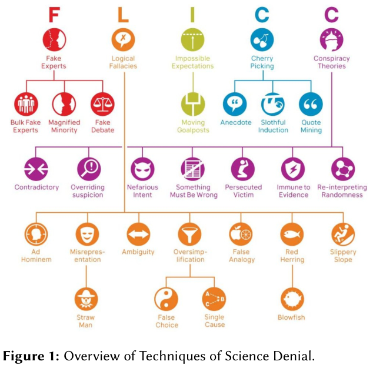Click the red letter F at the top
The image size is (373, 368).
click(54, 15)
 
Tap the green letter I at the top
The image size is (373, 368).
click(193, 15)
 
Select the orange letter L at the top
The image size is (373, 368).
click(123, 15)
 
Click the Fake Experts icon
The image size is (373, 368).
click(54, 40)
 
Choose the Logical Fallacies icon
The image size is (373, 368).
click(123, 40)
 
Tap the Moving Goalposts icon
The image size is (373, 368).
click(193, 104)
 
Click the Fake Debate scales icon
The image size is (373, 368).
click(102, 104)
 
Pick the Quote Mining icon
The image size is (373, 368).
click(311, 104)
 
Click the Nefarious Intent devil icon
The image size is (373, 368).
click(142, 169)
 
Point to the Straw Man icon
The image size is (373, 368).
click(86, 299)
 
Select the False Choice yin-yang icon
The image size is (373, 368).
click(166, 299)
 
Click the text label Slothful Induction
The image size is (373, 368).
click(273, 126)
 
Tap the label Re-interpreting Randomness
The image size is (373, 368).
click(342, 191)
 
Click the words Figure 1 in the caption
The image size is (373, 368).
click(32, 356)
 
